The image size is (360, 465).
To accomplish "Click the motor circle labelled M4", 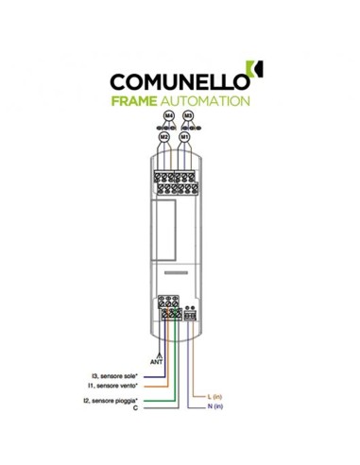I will coord(169,115).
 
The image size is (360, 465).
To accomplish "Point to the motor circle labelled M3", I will coord(189,115).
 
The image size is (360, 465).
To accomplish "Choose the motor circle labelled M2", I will coord(163,136).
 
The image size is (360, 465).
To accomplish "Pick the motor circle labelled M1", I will coord(186,136).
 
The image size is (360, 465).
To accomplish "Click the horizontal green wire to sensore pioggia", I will coord(156,401).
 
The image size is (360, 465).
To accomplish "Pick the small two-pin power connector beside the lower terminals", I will coord(190,314).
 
